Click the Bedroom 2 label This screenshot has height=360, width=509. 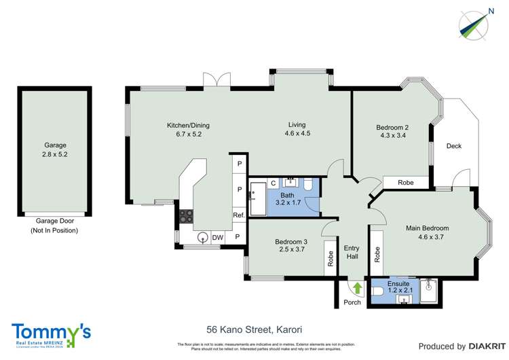click(392, 127)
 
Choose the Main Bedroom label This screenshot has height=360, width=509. click(427, 228)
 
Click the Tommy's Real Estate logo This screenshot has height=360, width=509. click(51, 334)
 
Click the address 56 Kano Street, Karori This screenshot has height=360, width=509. click(254, 329)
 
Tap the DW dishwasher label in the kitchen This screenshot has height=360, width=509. click(217, 237)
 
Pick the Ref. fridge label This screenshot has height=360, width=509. click(238, 215)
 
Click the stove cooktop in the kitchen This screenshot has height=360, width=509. click(186, 217)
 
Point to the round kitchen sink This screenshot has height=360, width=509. click(202, 237)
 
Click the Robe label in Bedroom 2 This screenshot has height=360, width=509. click(406, 183)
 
